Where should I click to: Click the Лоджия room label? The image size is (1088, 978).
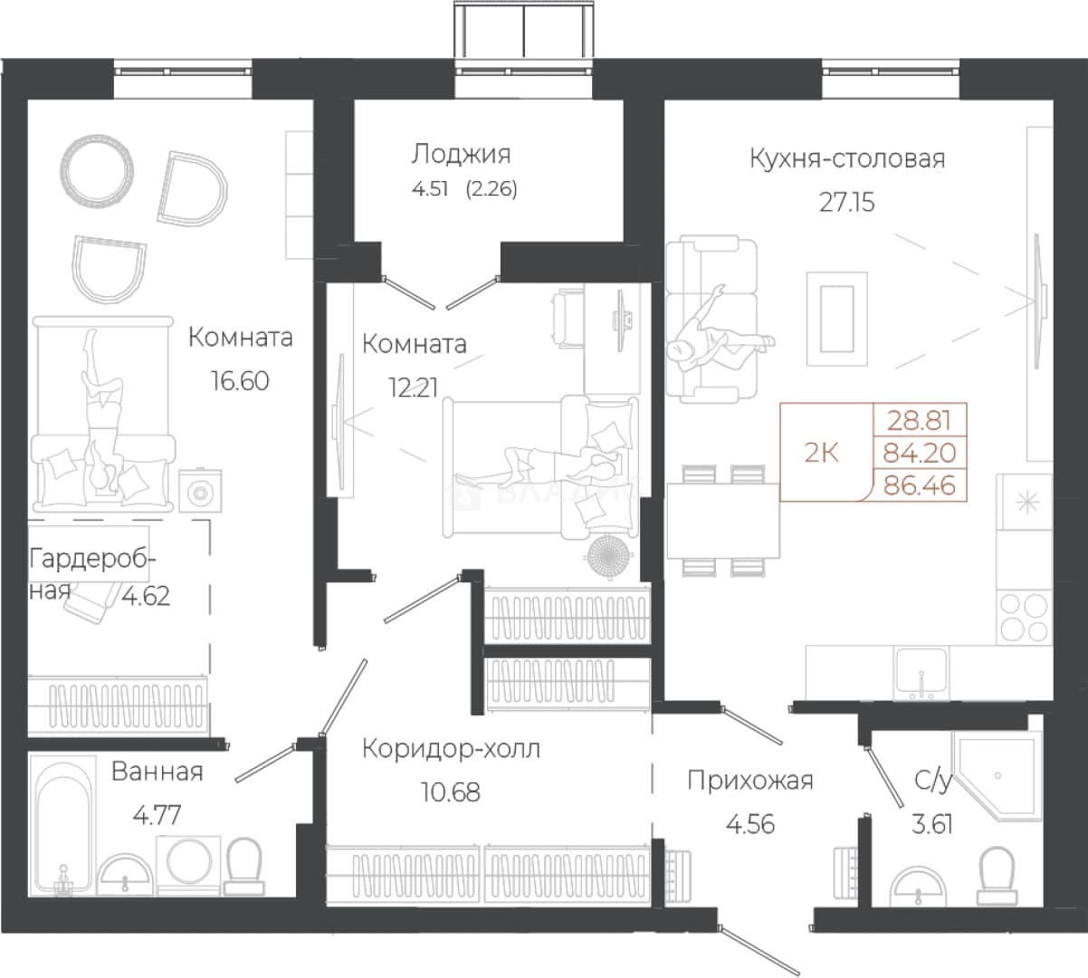click(x=462, y=155)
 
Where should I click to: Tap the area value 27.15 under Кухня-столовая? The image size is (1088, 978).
click(x=847, y=203)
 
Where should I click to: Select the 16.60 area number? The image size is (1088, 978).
click(x=240, y=381)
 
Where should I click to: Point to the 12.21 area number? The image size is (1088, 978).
click(x=413, y=387)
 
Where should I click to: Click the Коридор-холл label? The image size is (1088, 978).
click(x=451, y=749)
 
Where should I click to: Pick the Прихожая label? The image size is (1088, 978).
click(x=750, y=781)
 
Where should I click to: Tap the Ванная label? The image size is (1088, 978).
click(x=157, y=772)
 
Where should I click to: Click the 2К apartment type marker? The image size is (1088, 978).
click(x=821, y=453)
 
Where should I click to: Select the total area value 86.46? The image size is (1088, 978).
click(x=920, y=485)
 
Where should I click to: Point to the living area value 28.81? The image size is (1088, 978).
click(x=919, y=420)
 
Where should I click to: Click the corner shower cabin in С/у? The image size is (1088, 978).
click(x=997, y=775)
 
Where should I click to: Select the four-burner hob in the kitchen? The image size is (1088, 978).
click(x=1024, y=617)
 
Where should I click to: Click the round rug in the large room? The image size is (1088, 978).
click(x=97, y=172)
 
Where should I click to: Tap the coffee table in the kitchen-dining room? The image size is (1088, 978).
click(x=837, y=319)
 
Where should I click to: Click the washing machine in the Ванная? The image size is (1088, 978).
click(x=188, y=865)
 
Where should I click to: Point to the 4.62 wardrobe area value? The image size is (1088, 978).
click(x=145, y=595)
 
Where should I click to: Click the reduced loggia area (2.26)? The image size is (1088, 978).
click(x=492, y=189)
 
